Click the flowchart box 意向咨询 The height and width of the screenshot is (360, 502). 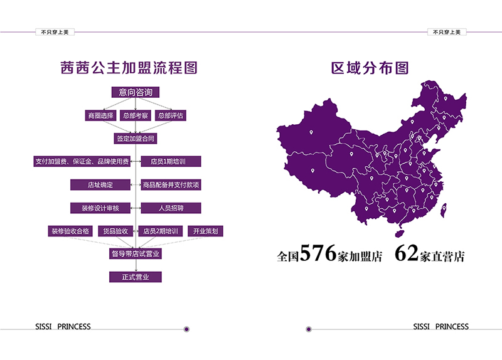tap(136, 92)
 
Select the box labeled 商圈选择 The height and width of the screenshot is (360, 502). tap(100, 115)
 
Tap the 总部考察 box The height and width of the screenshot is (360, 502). tap(136, 115)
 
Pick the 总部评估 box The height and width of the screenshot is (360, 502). tap(171, 115)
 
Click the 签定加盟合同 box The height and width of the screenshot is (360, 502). tap(136, 138)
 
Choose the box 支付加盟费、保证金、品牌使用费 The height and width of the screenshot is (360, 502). tap(82, 161)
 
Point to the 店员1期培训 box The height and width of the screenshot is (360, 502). tap(171, 161)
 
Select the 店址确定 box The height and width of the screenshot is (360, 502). tap(100, 184)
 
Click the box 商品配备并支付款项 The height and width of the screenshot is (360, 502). tap(171, 184)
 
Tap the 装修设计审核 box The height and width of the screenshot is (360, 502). tap(100, 208)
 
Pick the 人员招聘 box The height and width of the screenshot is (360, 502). tap(171, 208)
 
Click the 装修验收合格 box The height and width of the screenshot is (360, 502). tap(70, 231)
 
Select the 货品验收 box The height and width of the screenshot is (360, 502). tap(115, 231)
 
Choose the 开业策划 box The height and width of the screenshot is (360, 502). tap(205, 231)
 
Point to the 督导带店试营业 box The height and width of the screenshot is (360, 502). tap(136, 254)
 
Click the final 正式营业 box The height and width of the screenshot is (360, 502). tap(136, 277)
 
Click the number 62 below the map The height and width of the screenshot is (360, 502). tap(407, 255)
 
